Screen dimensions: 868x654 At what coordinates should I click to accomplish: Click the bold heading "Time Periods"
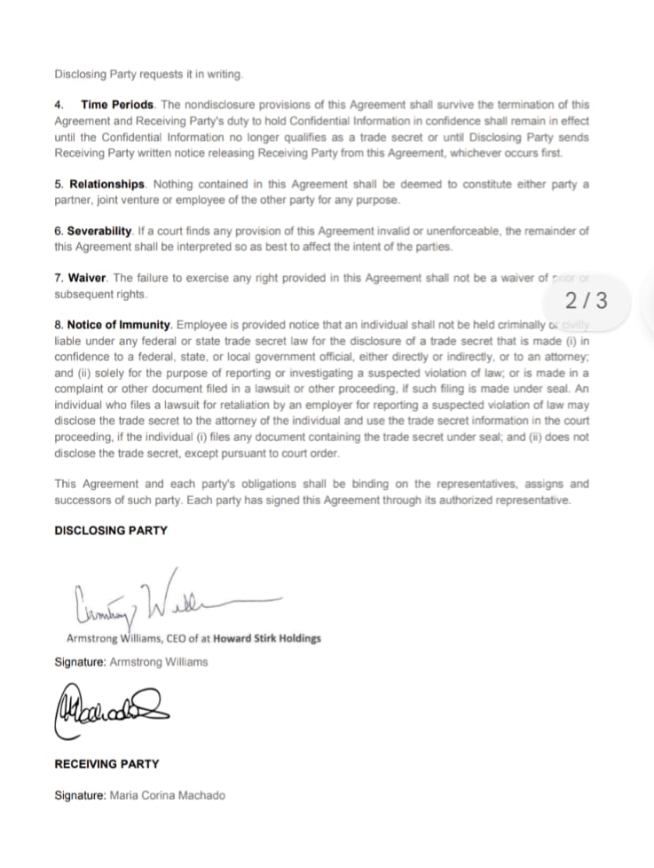click(118, 105)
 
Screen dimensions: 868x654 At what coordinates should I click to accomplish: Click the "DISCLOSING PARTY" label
click(111, 530)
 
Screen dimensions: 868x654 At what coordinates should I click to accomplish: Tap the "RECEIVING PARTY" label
click(107, 763)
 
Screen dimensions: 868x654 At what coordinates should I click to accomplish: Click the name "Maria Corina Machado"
click(167, 795)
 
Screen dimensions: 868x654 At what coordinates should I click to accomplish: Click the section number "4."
click(59, 105)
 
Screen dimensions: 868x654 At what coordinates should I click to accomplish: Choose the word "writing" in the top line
click(222, 74)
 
